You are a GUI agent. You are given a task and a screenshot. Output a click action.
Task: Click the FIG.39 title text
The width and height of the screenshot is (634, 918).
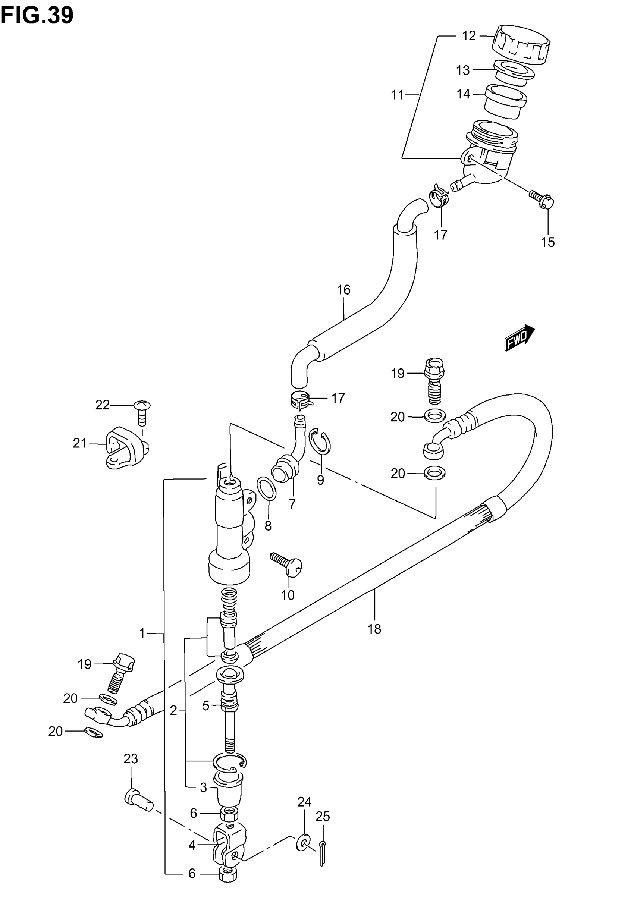(37, 16)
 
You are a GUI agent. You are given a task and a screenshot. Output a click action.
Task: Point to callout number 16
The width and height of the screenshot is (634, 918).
(343, 290)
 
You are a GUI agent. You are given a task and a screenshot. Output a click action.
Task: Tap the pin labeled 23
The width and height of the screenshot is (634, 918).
(138, 802)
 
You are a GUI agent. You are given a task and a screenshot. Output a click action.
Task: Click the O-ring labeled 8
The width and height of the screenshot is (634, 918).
(267, 489)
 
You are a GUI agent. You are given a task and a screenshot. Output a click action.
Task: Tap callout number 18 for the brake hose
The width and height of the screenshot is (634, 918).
(374, 629)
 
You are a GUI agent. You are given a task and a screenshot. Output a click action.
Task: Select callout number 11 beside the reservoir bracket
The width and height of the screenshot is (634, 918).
(397, 95)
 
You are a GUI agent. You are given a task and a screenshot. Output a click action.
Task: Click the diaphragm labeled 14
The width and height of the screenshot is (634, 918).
(505, 101)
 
